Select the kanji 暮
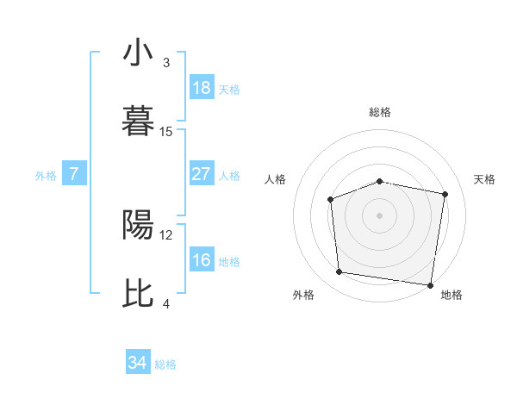point(139,121)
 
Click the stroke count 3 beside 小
point(166,62)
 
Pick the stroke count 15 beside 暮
point(166,131)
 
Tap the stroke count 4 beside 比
point(166,303)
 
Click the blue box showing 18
point(201,88)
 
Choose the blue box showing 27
point(201,174)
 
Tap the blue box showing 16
point(201,260)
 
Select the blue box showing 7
point(74,174)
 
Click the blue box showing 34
point(138,363)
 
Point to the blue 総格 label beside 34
point(165,364)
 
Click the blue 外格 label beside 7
point(46,176)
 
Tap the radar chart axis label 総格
point(379,112)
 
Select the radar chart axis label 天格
point(485,179)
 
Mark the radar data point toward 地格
point(430,284)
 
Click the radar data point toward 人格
point(331,200)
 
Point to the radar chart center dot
point(379,215)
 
